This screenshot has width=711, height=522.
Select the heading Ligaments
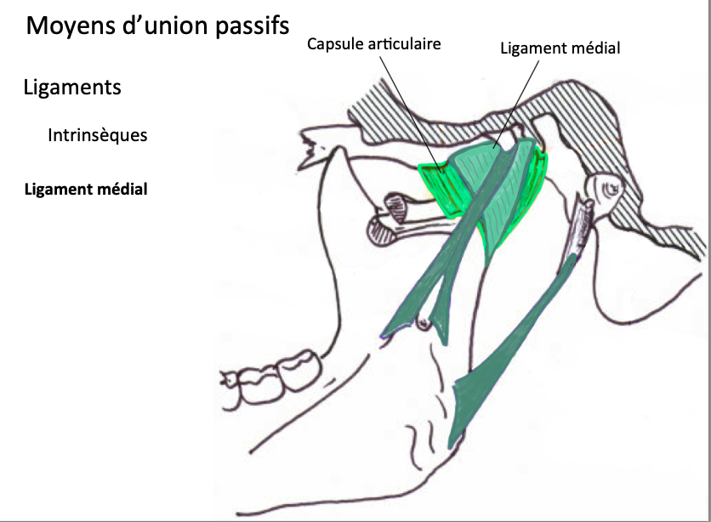coord(72,88)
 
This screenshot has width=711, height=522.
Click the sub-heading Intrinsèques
coord(98,135)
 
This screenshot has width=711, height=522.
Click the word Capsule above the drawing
coord(336,43)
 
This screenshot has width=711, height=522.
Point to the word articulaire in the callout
coord(404,43)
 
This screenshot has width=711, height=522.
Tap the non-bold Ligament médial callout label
coord(560,48)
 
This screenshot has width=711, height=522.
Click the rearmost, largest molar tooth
coord(299,372)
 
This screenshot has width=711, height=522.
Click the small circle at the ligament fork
coord(421,321)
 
